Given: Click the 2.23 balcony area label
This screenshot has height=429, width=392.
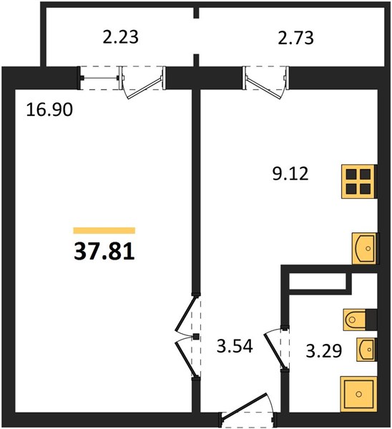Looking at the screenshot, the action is (x=120, y=37).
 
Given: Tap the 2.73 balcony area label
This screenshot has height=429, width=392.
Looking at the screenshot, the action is (x=295, y=38).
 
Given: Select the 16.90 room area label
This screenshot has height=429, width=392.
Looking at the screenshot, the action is (x=49, y=110).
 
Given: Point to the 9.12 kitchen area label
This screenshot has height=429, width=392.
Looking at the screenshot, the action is (x=290, y=174).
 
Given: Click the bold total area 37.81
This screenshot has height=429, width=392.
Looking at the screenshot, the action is (x=104, y=252).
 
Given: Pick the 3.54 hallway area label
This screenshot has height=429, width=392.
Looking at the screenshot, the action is (x=235, y=346).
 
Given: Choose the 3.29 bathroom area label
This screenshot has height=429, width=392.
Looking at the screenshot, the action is (x=324, y=351).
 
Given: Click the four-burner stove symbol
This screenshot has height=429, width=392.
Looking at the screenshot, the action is (x=358, y=182).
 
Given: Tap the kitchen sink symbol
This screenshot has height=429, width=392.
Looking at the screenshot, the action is (x=364, y=248).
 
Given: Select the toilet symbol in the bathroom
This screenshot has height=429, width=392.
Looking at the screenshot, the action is (x=354, y=320).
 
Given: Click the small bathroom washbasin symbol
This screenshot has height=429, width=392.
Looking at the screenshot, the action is (x=366, y=350).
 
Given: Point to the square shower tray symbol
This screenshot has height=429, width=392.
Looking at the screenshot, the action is (x=358, y=394).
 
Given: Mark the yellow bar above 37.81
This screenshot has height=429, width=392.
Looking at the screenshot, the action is (x=104, y=230).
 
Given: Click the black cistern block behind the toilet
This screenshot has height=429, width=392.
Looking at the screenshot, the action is (x=371, y=320).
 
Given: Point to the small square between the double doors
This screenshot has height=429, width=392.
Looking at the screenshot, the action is (x=196, y=337).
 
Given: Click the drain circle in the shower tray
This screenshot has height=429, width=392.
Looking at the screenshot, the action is (x=358, y=394).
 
